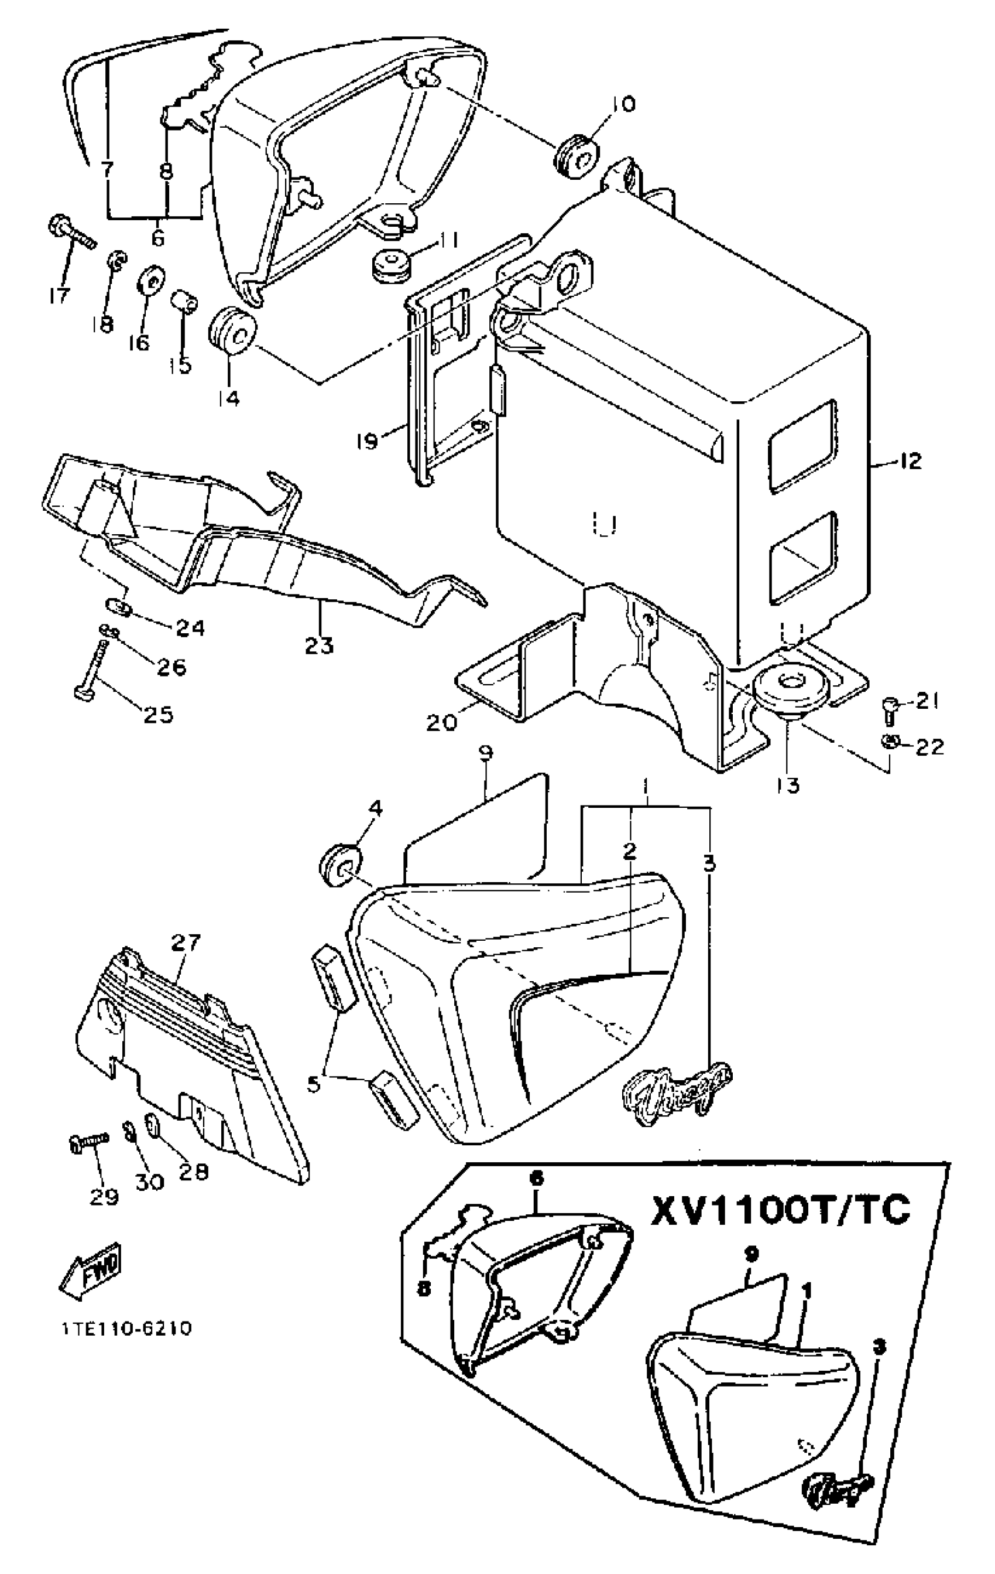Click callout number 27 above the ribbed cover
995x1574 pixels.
(186, 943)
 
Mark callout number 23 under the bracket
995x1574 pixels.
(320, 645)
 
